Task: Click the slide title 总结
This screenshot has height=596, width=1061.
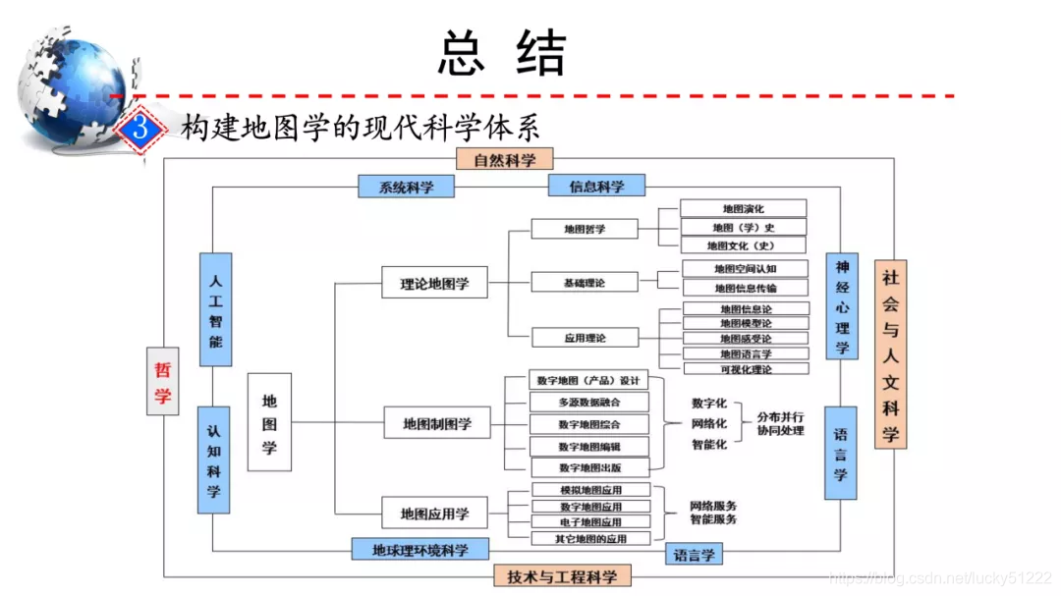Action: [502, 53]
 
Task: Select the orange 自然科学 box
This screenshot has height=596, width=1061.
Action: [505, 159]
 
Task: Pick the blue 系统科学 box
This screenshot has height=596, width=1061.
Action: [406, 187]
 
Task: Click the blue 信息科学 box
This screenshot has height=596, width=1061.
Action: [596, 186]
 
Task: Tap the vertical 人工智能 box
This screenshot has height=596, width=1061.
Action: [215, 309]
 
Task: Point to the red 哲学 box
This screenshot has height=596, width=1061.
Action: [162, 381]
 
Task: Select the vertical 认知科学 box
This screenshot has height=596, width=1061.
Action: [213, 460]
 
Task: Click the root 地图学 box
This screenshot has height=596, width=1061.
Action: [269, 422]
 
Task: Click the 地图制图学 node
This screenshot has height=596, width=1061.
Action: [436, 423]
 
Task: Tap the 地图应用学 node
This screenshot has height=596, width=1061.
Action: [434, 513]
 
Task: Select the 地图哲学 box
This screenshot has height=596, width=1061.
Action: [585, 229]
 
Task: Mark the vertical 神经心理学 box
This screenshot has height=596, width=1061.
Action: [841, 306]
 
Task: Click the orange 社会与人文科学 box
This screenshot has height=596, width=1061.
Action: [890, 354]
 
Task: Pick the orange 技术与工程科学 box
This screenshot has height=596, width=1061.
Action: [562, 576]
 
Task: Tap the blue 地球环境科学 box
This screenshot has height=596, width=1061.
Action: [419, 549]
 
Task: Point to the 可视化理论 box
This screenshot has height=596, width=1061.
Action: [746, 369]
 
